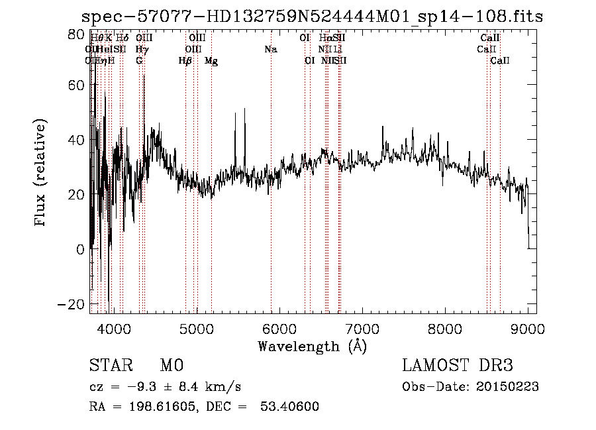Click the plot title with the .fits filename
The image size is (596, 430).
point(312,17)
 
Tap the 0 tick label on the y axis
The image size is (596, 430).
point(81,249)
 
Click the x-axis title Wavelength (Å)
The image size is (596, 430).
point(312,345)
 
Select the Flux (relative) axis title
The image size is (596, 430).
point(42,173)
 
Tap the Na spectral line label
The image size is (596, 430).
point(270,50)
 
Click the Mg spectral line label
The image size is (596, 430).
point(211,61)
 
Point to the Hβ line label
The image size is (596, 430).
point(185,61)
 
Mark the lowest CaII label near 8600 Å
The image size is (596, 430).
point(500,61)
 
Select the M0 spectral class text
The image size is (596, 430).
point(171,366)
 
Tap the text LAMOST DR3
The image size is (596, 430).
point(457,366)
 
